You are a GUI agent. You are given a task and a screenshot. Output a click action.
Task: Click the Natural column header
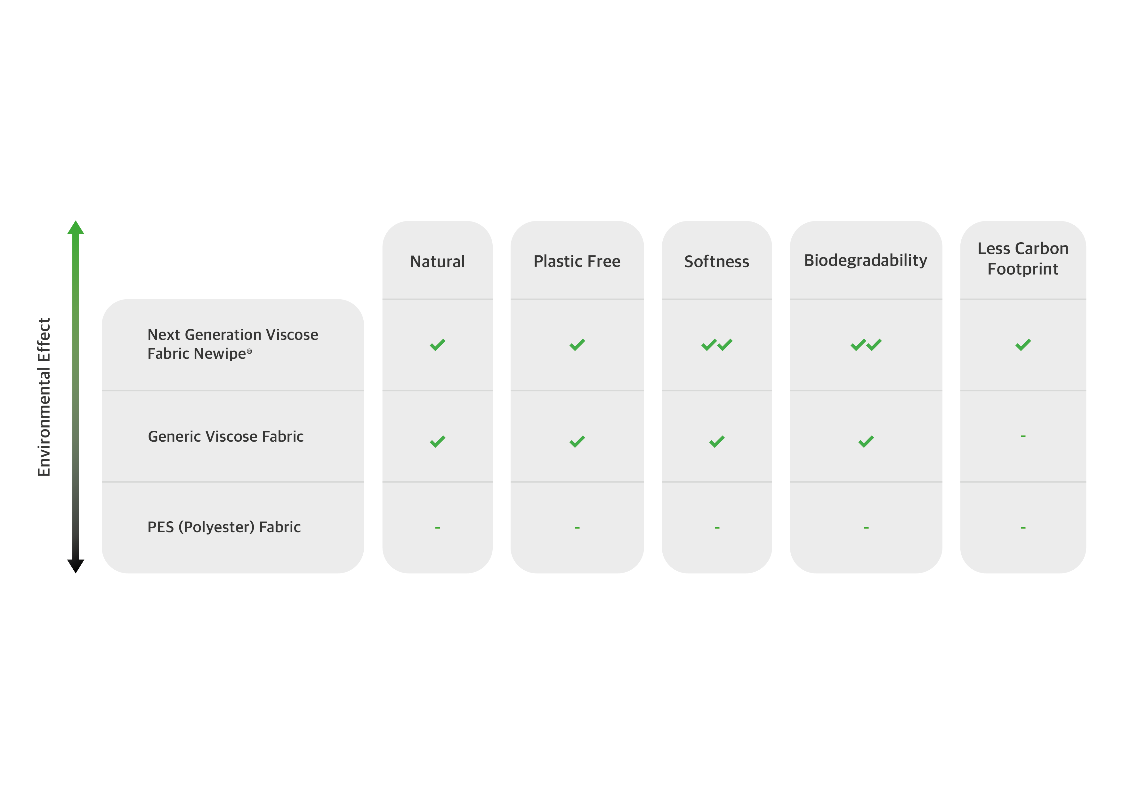(437, 261)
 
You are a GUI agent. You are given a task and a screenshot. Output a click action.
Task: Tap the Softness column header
(716, 261)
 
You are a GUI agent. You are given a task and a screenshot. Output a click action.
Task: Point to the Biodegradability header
(865, 261)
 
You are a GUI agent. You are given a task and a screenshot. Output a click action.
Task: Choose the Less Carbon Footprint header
(1023, 259)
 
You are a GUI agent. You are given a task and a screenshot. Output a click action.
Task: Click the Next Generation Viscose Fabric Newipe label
(233, 344)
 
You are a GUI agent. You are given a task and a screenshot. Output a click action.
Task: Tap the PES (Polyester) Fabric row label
(224, 527)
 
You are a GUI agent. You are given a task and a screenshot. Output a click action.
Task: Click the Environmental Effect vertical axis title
(44, 397)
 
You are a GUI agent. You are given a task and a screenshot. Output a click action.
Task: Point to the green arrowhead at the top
(76, 228)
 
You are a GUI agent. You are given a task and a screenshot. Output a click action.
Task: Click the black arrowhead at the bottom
(76, 566)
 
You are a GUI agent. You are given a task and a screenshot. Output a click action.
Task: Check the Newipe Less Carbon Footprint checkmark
(1023, 345)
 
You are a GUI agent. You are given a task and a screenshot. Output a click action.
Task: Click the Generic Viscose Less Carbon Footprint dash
(1023, 436)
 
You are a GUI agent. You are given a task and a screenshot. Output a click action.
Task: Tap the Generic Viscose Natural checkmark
(437, 442)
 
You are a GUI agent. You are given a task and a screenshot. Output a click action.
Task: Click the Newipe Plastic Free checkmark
(577, 345)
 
